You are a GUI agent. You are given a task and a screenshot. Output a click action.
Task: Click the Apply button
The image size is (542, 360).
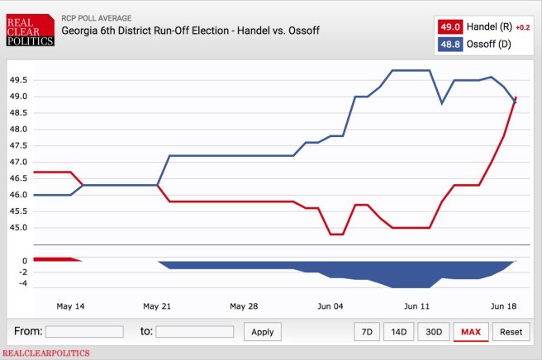click(263, 332)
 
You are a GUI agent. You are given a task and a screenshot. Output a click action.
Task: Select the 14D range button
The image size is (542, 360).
click(399, 332)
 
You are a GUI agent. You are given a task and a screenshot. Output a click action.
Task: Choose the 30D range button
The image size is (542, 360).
click(434, 332)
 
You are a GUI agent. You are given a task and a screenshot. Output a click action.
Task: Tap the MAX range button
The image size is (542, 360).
click(471, 332)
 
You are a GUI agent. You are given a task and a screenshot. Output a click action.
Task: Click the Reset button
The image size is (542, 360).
click(511, 332)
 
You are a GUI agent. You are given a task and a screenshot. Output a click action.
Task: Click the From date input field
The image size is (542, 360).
click(84, 332)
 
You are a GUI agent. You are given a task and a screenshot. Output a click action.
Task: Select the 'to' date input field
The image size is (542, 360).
click(195, 332)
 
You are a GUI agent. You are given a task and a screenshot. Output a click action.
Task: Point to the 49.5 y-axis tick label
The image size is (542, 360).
click(19, 80)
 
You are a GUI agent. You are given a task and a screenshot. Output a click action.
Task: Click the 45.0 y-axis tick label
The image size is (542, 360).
click(19, 228)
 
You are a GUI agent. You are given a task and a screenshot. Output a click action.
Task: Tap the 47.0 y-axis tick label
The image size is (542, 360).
click(19, 162)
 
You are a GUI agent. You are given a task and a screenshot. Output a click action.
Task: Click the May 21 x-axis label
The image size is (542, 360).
click(157, 306)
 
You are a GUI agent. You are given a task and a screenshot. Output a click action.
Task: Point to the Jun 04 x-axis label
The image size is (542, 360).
click(330, 306)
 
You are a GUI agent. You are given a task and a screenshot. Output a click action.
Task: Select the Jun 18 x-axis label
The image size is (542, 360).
click(504, 306)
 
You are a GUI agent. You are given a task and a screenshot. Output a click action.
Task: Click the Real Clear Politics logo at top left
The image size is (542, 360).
click(30, 29)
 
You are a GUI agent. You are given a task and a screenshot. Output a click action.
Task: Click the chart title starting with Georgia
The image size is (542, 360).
click(190, 31)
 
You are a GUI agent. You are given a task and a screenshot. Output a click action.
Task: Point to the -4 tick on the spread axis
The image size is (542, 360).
click(24, 284)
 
